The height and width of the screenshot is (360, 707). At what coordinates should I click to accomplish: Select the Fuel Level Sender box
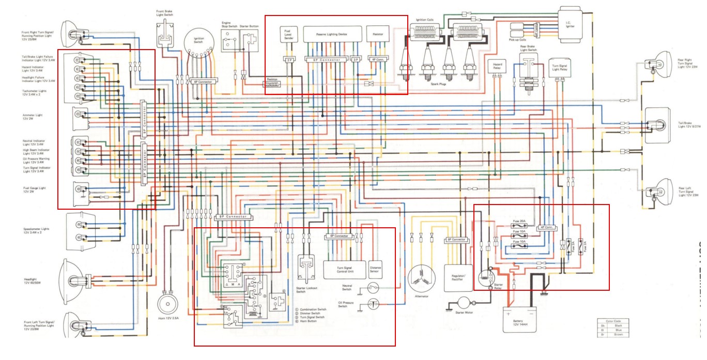coord(288,34)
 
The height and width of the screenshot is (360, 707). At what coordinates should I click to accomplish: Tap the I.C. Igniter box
coord(568,24)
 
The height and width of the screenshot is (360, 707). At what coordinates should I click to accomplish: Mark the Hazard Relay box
coord(495,66)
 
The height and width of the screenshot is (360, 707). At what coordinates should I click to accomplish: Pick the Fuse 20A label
coord(519,221)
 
